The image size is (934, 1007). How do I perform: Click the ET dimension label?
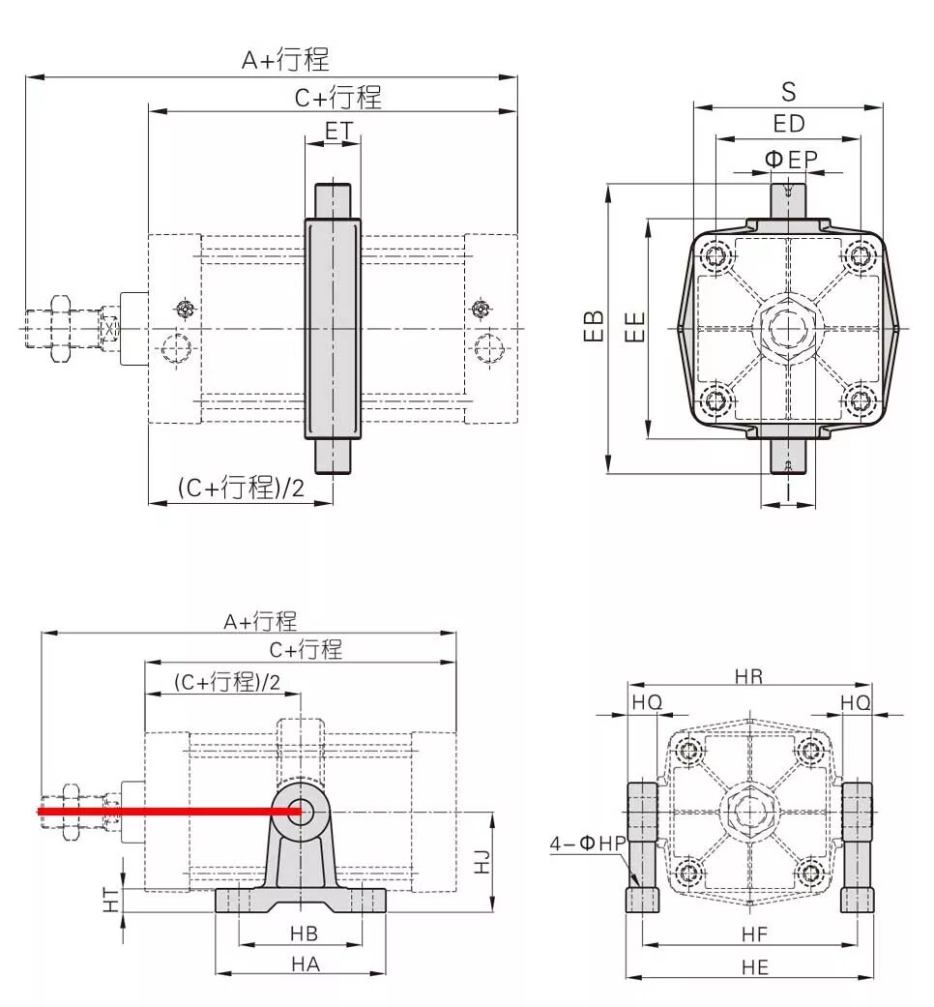click(x=338, y=131)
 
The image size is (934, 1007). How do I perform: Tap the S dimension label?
click(x=788, y=93)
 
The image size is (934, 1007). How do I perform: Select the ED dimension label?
click(x=788, y=124)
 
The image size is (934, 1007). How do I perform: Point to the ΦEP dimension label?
click(x=791, y=159)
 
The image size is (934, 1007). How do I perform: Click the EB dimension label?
click(x=595, y=326)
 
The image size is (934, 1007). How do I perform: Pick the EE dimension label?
click(x=634, y=327)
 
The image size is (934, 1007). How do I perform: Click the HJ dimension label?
click(x=482, y=861)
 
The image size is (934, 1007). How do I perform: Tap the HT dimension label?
click(x=111, y=901)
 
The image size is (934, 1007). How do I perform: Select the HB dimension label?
click(x=304, y=933)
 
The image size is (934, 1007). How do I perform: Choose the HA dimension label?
click(x=305, y=964)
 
